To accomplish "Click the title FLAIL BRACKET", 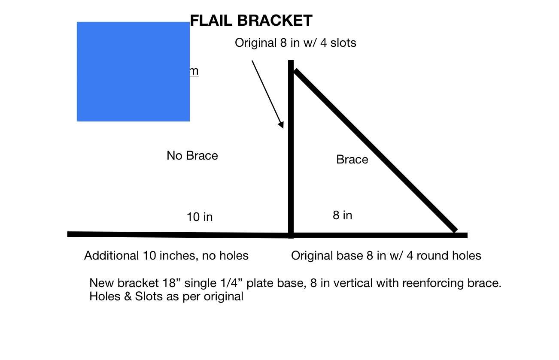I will (x=251, y=21).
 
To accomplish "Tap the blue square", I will (x=133, y=72).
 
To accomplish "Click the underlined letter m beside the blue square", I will (x=194, y=71).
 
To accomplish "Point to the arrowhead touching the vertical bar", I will (x=281, y=124).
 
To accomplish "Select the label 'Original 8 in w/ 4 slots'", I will (x=295, y=43).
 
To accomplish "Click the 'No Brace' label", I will (x=192, y=155).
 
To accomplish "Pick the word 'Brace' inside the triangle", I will (x=352, y=160).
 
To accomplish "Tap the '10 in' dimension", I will (x=200, y=217).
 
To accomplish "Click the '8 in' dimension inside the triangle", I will (x=342, y=215).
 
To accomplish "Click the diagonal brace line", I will (x=374, y=150).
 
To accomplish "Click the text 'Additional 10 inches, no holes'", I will (x=166, y=256).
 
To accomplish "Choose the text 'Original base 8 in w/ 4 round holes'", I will (x=386, y=256).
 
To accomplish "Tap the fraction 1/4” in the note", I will (x=230, y=283).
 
